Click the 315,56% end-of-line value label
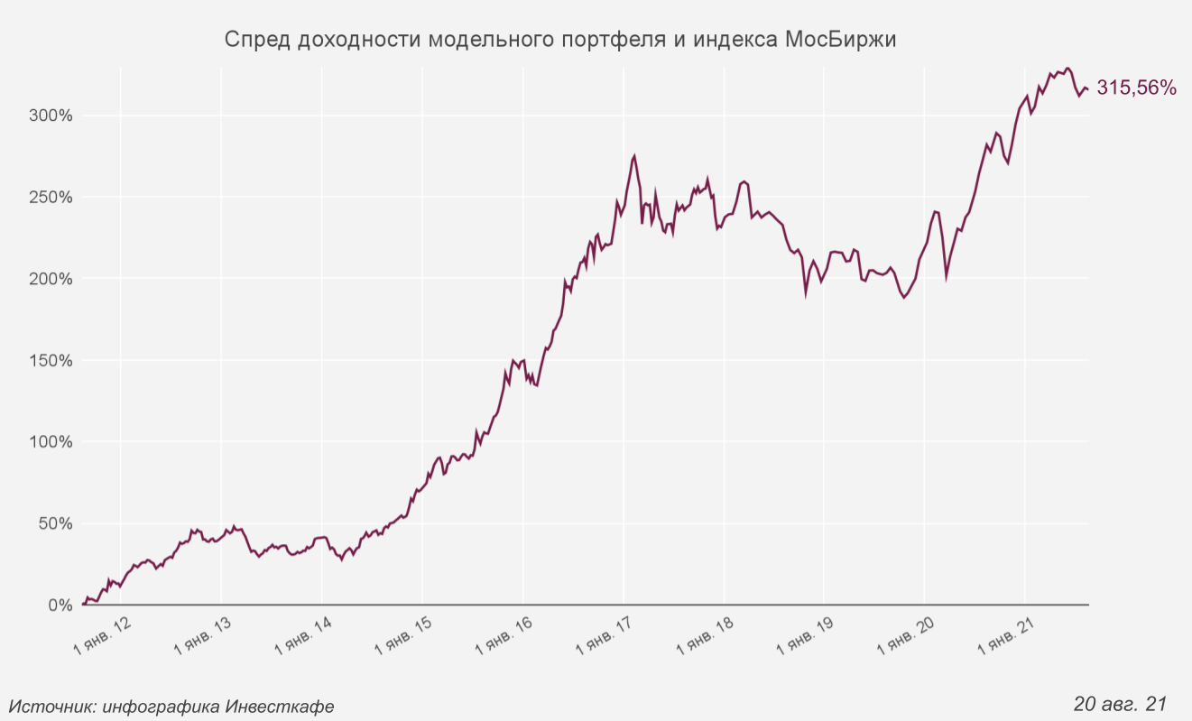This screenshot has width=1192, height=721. (1136, 88)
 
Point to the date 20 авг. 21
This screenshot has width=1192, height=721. (1121, 703)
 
